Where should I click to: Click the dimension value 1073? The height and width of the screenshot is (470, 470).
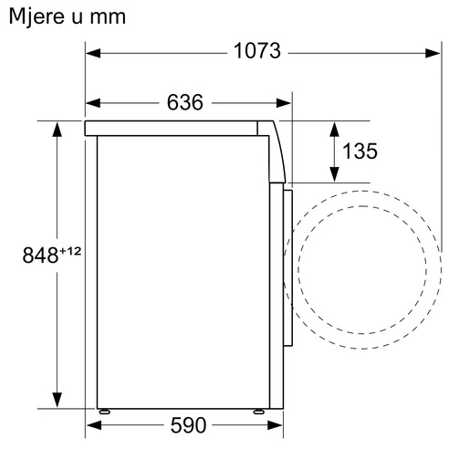tap(256, 51)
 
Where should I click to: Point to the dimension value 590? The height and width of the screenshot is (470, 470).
tap(188, 425)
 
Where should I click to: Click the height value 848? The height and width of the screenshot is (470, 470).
tap(41, 255)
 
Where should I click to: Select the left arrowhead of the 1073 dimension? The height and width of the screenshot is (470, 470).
tap(93, 52)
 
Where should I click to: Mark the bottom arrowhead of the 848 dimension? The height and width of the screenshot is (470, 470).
tap(57, 399)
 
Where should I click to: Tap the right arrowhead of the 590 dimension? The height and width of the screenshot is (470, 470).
tap(276, 425)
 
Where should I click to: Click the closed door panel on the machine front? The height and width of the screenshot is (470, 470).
tap(286, 265)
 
